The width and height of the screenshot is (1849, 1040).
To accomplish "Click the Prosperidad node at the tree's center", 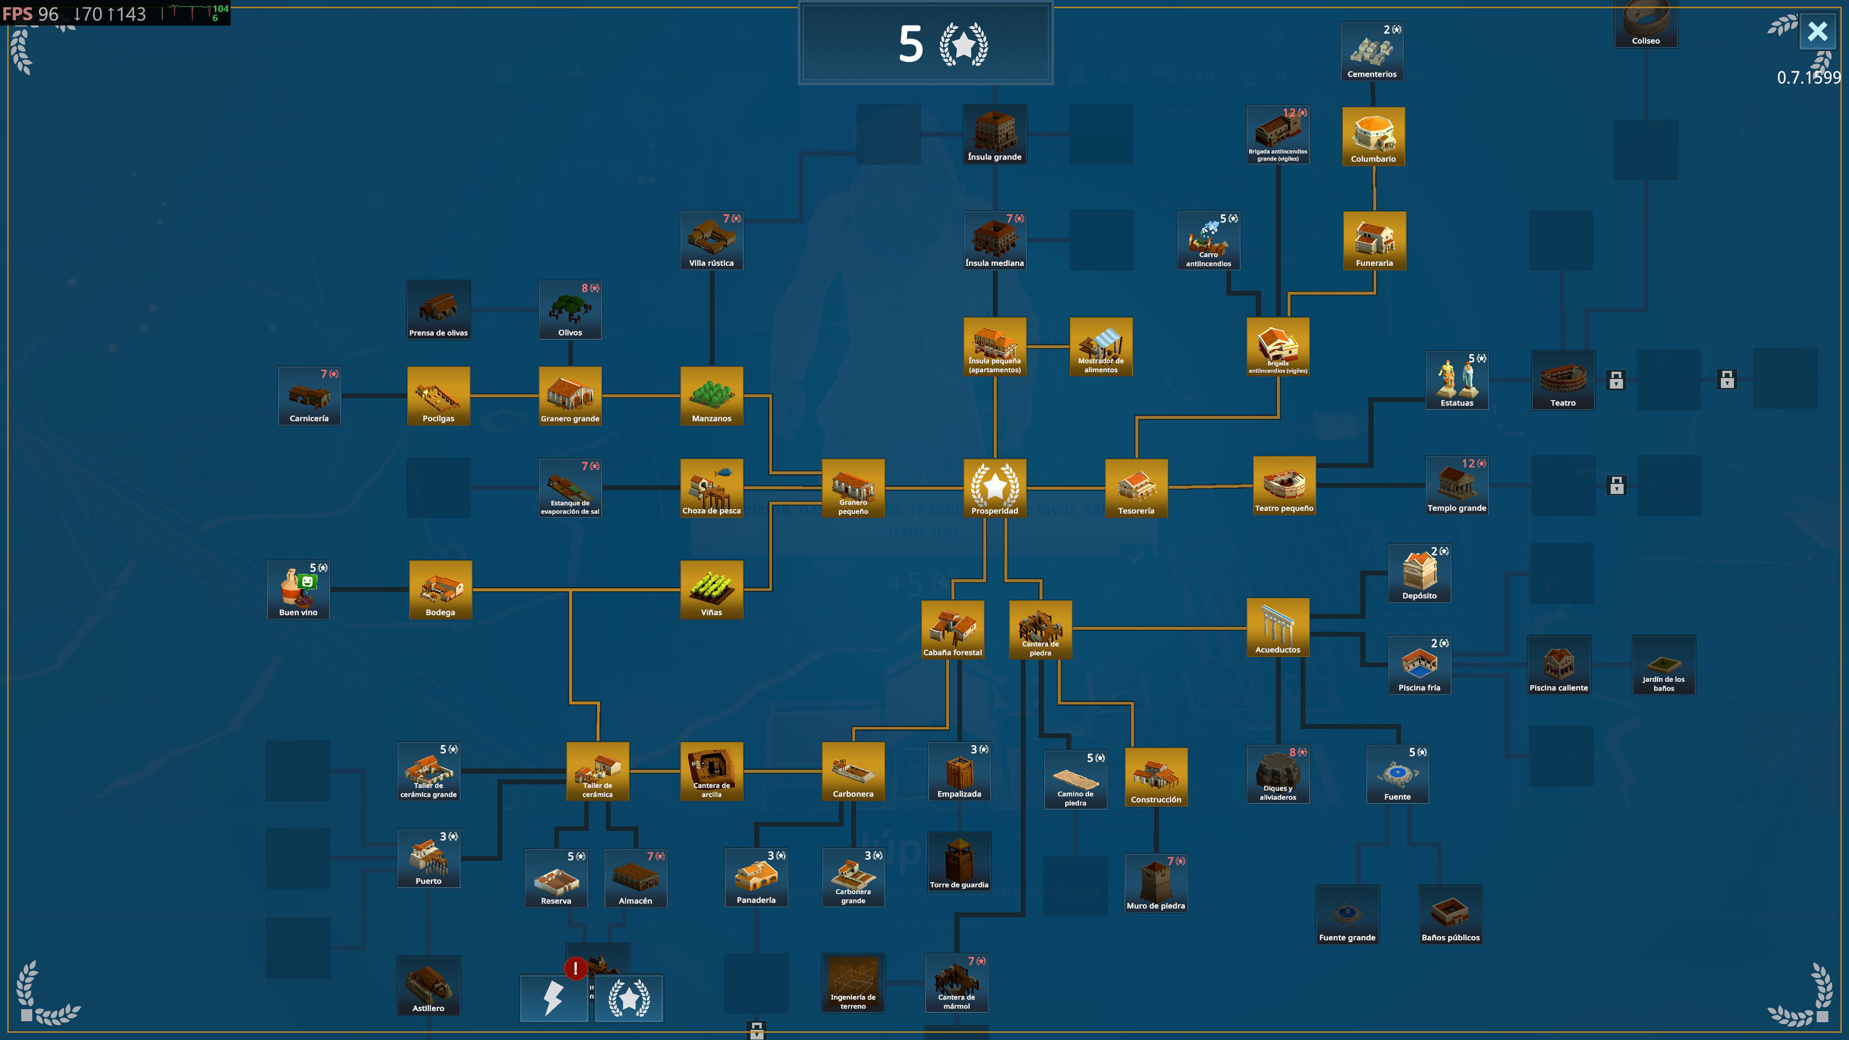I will pyautogui.click(x=994, y=488).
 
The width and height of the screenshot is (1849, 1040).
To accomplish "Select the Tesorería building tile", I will pyautogui.click(x=1136, y=488).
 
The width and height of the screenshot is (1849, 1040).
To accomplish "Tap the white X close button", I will pyautogui.click(x=1817, y=32).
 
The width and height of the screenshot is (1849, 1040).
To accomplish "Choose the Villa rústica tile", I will pyautogui.click(x=711, y=240).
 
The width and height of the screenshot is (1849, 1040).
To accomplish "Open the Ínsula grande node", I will pyautogui.click(x=994, y=134).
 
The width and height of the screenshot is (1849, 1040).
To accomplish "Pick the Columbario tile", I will pyautogui.click(x=1373, y=136).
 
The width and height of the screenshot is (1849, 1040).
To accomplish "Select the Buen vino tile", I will pyautogui.click(x=298, y=589).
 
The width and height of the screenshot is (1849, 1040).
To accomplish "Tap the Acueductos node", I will pyautogui.click(x=1277, y=628).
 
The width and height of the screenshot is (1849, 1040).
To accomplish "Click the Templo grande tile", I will pyautogui.click(x=1457, y=486).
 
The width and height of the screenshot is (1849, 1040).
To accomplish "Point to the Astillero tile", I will pyautogui.click(x=429, y=986).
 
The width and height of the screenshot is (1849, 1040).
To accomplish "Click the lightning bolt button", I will pyautogui.click(x=553, y=998).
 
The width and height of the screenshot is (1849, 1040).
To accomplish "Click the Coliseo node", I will pyautogui.click(x=1646, y=23).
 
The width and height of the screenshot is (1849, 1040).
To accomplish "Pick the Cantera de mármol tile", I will pyautogui.click(x=956, y=983).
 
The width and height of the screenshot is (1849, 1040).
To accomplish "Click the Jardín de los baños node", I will pyautogui.click(x=1663, y=664).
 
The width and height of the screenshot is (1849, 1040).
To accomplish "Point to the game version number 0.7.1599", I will pyautogui.click(x=1808, y=78).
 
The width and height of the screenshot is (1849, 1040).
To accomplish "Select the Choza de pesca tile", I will pyautogui.click(x=711, y=488).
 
